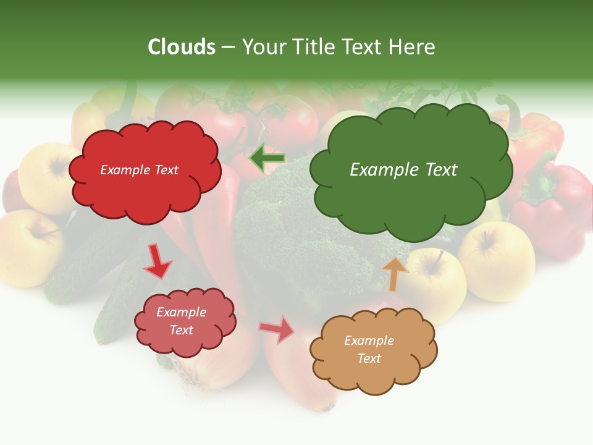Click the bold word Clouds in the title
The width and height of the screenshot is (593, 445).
[182, 46]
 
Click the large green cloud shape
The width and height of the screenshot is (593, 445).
[411, 198]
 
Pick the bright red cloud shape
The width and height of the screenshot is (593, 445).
[145, 192]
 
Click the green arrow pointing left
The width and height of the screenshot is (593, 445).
[267, 159]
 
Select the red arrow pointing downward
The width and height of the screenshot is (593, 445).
[157, 261]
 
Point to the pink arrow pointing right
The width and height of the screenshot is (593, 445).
[277, 329]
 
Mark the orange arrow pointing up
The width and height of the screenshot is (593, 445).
[395, 274]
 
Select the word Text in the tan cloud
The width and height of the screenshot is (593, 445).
[369, 358]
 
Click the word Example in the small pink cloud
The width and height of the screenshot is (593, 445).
[181, 312]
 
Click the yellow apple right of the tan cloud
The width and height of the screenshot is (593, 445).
[497, 260]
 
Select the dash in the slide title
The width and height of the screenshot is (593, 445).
[227, 46]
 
